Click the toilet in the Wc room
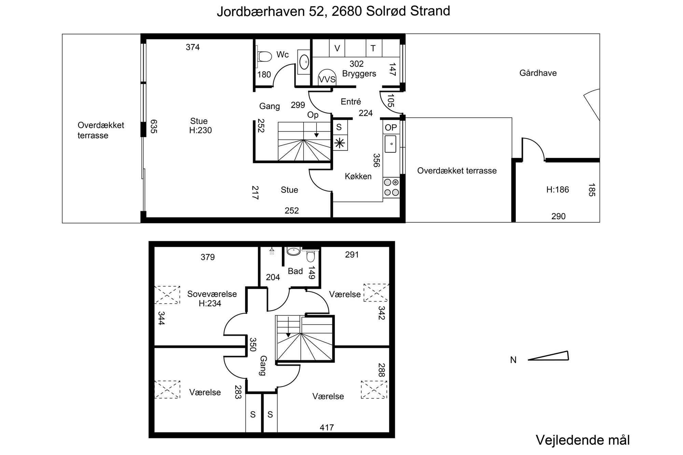[x=264, y=56]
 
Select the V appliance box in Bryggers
[x=337, y=48]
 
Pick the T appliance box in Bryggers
[x=374, y=48]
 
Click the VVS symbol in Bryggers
[x=327, y=77]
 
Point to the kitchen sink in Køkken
[x=390, y=144]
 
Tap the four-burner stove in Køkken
[x=391, y=187]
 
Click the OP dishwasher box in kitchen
[x=391, y=127]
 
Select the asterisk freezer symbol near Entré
[x=339, y=143]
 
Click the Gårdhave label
[x=538, y=73]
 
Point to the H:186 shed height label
[x=557, y=189]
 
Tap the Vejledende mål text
[x=583, y=440]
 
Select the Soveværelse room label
[x=212, y=294]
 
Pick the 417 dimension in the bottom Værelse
[x=327, y=427]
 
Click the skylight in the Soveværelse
[x=167, y=295]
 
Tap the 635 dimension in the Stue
[x=153, y=126]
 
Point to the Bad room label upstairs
[x=295, y=271]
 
